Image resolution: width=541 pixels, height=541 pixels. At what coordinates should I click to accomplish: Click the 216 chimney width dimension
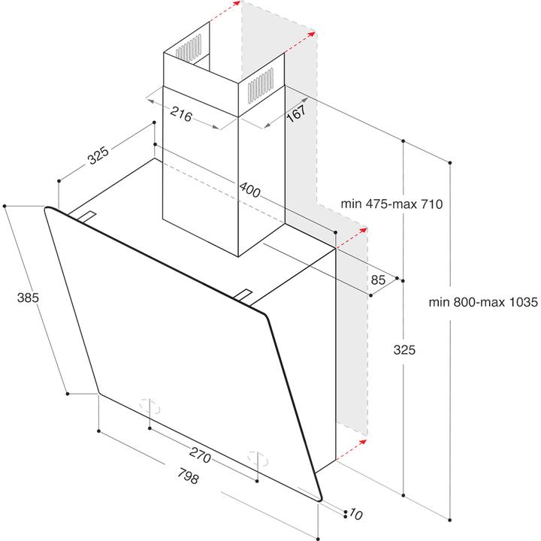tap(181, 114)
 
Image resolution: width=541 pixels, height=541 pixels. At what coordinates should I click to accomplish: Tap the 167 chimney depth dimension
tap(296, 113)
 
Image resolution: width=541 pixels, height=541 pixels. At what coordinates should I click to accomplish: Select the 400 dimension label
tap(249, 190)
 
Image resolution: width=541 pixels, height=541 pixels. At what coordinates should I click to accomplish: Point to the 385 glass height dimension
tap(28, 298)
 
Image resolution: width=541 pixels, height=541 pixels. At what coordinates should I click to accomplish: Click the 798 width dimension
tap(189, 476)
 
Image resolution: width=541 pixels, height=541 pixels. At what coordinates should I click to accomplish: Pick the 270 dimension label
tap(200, 455)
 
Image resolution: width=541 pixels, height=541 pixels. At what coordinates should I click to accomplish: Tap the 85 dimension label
tap(378, 280)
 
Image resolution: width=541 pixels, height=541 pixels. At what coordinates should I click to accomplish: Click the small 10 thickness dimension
tap(355, 514)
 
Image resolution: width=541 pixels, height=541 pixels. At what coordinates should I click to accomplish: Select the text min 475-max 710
tap(391, 204)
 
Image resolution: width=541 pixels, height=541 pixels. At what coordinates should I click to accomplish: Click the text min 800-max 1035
tap(483, 302)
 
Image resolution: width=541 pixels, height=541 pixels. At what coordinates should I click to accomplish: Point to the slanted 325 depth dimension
tap(98, 156)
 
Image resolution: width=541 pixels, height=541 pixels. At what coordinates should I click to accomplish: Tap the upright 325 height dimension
tap(404, 350)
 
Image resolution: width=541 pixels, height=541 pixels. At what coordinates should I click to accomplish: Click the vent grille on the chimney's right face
tap(261, 85)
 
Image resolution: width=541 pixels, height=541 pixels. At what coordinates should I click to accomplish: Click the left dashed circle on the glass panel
tap(150, 406)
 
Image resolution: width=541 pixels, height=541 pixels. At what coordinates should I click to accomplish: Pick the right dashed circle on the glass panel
tap(258, 458)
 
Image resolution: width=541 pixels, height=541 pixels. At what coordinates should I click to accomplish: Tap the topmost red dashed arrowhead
tap(237, 4)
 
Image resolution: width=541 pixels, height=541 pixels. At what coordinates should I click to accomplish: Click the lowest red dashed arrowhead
tap(362, 442)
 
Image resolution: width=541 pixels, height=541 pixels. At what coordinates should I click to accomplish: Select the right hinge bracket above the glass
tap(243, 294)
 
